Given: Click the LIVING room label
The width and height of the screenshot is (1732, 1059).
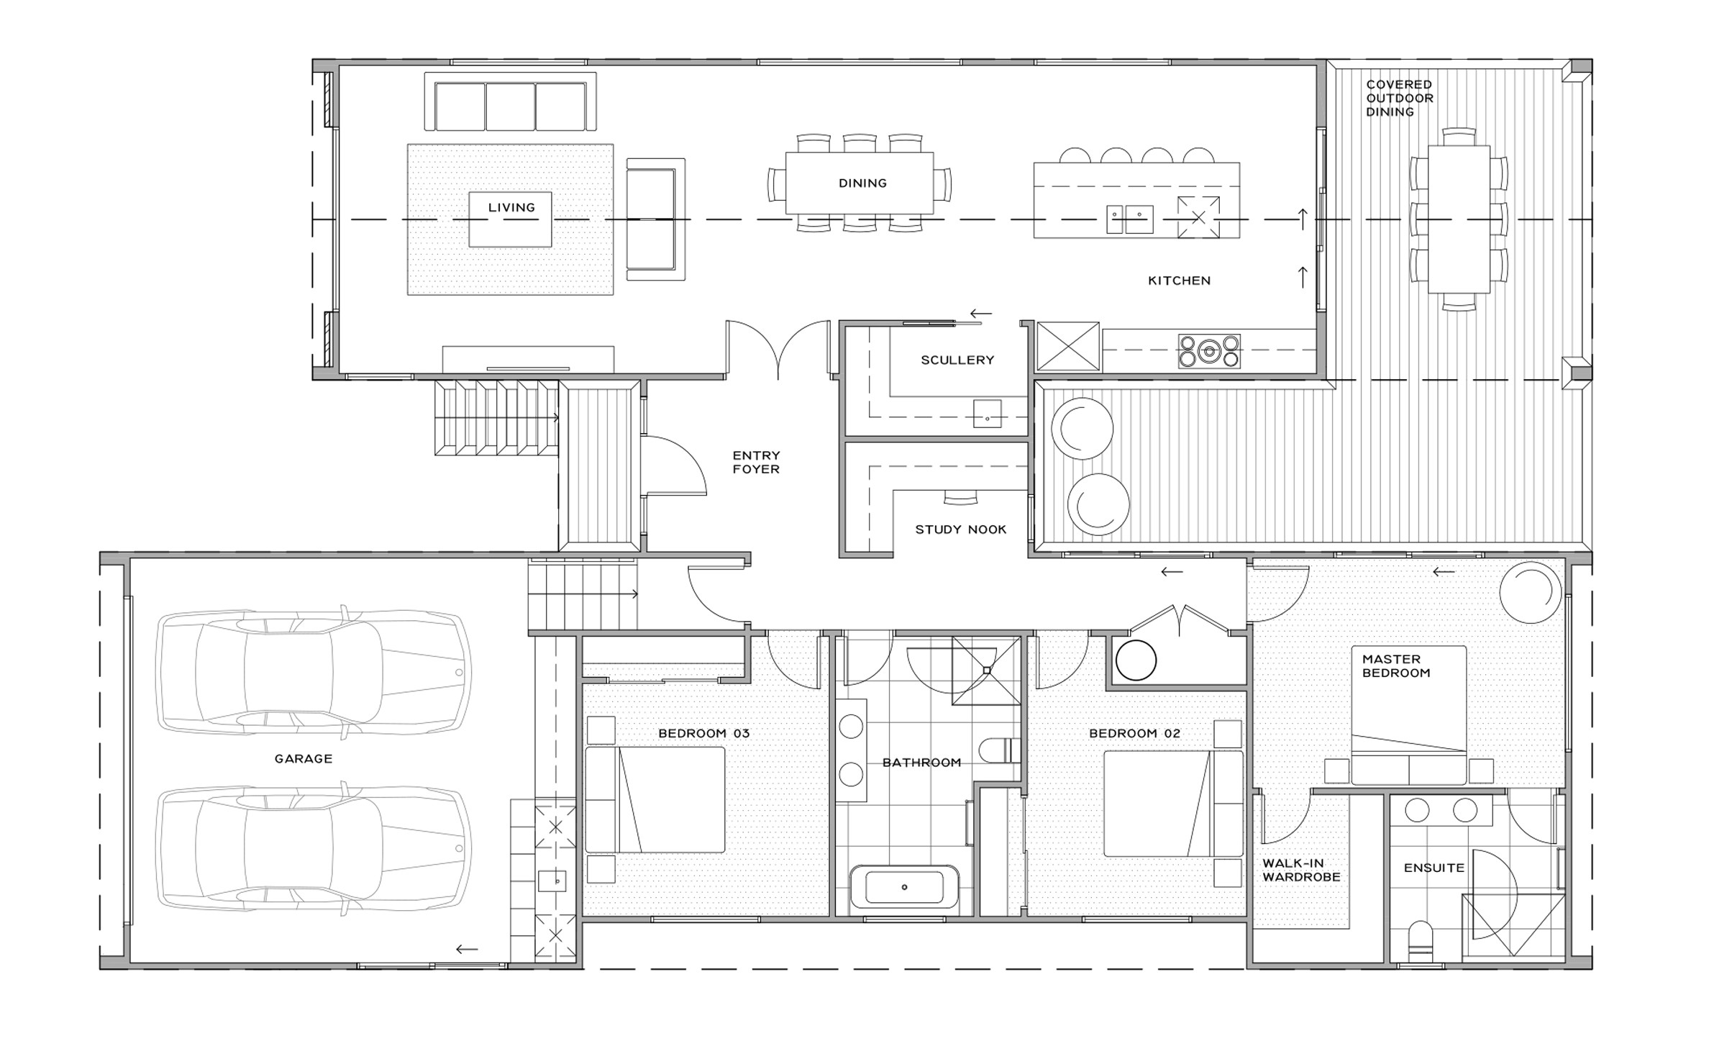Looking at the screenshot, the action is click(511, 208).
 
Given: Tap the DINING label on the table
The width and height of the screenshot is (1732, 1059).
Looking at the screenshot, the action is click(862, 183).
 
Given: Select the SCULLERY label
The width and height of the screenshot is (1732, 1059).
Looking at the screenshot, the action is click(957, 360).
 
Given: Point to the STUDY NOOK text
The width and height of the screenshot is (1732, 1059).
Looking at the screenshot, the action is click(960, 529).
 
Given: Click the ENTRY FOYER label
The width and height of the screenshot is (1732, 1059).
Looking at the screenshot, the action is click(756, 462).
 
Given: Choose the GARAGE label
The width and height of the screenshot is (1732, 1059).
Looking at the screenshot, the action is click(304, 758).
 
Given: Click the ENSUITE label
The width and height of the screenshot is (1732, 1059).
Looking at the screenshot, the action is click(1434, 868).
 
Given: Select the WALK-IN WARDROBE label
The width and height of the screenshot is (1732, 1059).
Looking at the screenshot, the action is click(1301, 870).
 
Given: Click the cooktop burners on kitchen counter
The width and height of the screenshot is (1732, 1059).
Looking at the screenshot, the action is click(1209, 351).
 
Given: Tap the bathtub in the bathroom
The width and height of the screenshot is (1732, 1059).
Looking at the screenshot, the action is click(904, 887).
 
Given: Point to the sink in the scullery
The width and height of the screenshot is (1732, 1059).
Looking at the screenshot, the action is click(987, 414).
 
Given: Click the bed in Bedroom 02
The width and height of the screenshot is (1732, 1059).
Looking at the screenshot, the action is click(1173, 804).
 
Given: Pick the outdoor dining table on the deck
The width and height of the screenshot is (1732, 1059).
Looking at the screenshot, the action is click(1459, 219).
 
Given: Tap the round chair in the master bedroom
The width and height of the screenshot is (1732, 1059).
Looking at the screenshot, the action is click(1531, 592).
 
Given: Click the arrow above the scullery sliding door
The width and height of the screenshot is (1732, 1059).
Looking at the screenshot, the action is click(981, 314).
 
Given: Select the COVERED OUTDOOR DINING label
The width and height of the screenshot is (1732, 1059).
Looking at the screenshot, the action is click(1400, 98).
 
